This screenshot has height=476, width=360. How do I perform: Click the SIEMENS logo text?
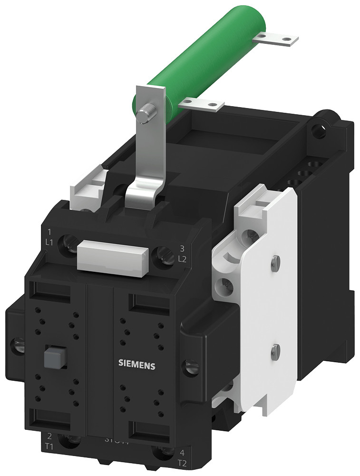(x=136, y=365)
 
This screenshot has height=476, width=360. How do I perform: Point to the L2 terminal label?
(x=182, y=259)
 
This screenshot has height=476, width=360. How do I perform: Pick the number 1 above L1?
(x=49, y=233)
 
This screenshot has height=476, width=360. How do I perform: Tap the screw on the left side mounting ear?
(x=19, y=343)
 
